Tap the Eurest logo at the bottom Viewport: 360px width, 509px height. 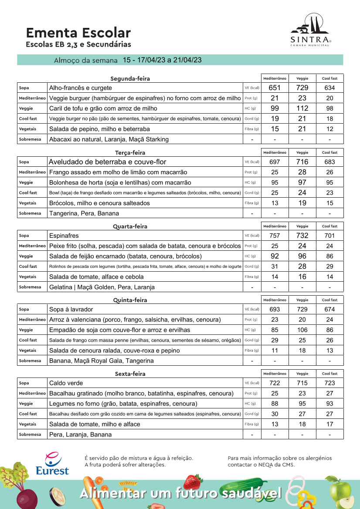coord(52,464)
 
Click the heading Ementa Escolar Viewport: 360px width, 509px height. coord(78,33)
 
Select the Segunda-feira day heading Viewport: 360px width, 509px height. coord(130,79)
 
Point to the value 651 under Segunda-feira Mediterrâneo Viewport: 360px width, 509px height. coord(275,88)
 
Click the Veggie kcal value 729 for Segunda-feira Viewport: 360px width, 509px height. coord(302,88)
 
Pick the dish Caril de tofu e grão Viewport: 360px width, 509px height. coord(103,108)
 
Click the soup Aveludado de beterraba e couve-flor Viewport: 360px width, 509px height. coord(108,162)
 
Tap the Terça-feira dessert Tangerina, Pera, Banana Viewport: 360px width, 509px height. coord(84,213)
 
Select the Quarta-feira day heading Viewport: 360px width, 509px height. coord(130,226)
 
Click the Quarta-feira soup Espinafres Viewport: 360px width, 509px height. coord(64,236)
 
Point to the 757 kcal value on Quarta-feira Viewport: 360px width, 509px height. coord(275,236)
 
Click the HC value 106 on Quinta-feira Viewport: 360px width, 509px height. coord(302,330)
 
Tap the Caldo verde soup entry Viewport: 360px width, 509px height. coord(66,383)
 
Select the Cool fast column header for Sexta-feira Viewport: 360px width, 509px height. coord(329,374)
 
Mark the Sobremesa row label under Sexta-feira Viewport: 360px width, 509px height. coord(30,435)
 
